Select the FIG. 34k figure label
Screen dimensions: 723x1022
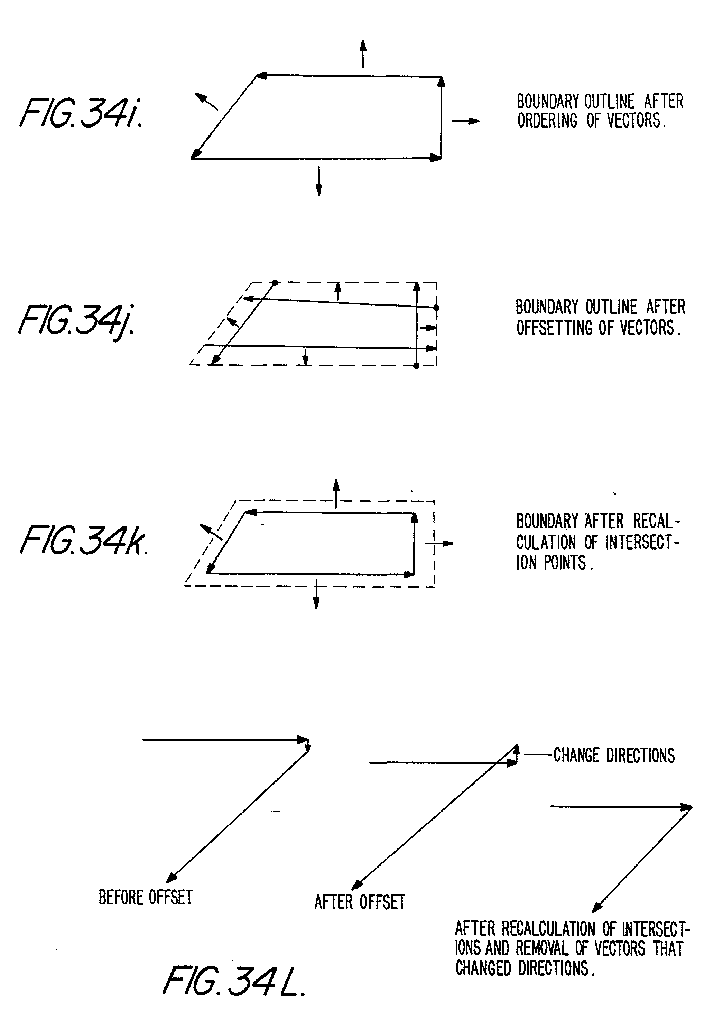[84, 540]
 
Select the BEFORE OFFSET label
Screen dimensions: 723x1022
[146, 897]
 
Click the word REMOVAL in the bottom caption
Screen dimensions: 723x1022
[542, 948]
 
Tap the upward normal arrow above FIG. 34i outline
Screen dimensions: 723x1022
[363, 54]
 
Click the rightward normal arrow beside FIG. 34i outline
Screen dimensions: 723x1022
[465, 121]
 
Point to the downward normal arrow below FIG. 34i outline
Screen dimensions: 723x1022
[319, 181]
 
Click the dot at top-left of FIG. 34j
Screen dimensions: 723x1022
[275, 282]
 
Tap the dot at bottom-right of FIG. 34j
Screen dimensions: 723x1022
[416, 366]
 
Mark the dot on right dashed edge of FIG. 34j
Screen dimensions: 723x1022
[436, 308]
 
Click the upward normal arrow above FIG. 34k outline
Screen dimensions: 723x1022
[336, 493]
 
